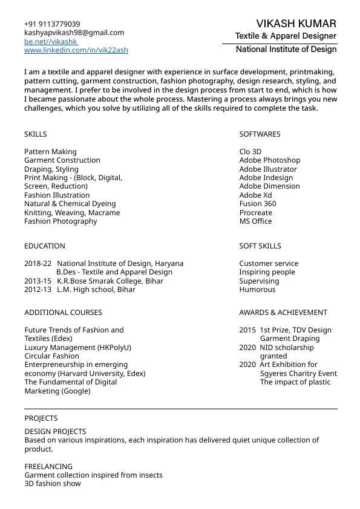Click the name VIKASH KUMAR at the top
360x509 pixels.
(296, 24)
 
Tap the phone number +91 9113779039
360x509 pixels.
(52, 24)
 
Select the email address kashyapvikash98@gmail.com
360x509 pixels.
(74, 33)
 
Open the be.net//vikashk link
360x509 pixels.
(51, 42)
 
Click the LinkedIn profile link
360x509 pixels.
(76, 50)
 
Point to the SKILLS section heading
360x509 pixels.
(35, 134)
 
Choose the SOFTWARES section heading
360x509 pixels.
(260, 134)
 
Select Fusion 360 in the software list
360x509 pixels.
(258, 204)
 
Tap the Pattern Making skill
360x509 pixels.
(50, 152)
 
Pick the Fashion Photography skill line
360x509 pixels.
(61, 221)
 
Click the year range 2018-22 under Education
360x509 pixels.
(38, 264)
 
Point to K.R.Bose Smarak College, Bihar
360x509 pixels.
(110, 281)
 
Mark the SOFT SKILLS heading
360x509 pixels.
(260, 246)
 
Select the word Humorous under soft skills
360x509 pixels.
(257, 290)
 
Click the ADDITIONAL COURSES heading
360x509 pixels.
(63, 313)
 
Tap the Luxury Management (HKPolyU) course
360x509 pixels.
(77, 348)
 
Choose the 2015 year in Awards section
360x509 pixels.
(247, 330)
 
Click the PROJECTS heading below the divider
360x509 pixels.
(41, 418)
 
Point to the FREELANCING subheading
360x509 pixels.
(48, 467)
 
